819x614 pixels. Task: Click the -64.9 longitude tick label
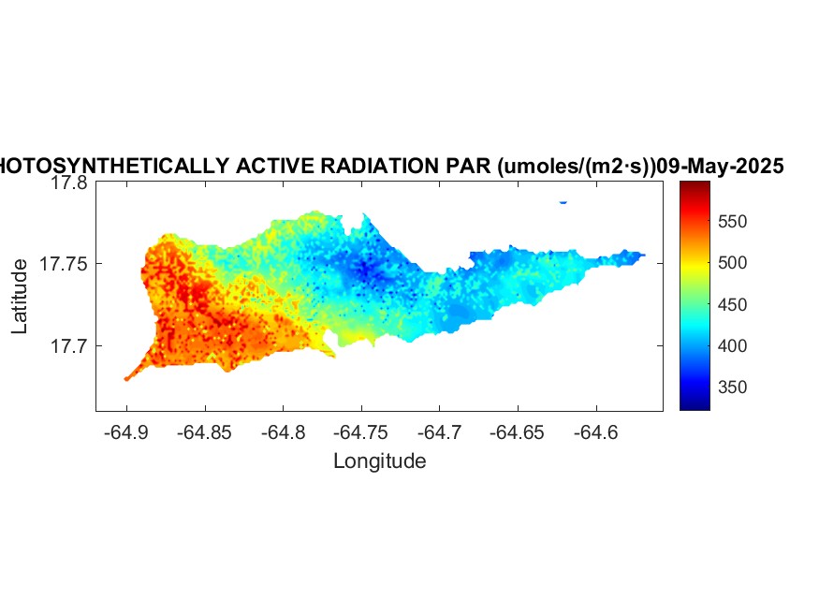click(126, 432)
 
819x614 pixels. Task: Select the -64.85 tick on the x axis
click(204, 432)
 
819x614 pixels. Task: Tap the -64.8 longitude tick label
click(283, 432)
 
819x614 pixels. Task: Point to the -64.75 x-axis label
click(361, 432)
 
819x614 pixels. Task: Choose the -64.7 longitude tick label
click(439, 432)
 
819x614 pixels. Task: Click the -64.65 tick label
click(517, 432)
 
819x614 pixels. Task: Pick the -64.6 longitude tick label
click(596, 432)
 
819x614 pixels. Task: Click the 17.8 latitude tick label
click(69, 183)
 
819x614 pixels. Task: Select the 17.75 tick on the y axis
click(64, 264)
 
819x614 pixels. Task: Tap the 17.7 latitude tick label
click(69, 345)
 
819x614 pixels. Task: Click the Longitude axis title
click(380, 461)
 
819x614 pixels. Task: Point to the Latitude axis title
click(20, 296)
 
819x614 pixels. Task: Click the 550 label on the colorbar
click(732, 222)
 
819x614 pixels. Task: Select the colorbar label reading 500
click(732, 263)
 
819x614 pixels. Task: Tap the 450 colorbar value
click(732, 304)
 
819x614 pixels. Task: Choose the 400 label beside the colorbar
click(732, 345)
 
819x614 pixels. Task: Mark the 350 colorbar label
click(732, 387)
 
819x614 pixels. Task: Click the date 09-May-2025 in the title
click(720, 166)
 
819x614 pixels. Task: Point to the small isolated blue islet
click(563, 202)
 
